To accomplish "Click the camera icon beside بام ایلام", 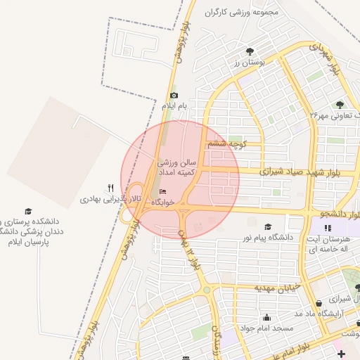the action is (x=174, y=96).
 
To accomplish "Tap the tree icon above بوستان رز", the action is (x=250, y=51).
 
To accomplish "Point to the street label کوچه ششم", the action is (x=224, y=144).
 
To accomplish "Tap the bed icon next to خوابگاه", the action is (x=164, y=192).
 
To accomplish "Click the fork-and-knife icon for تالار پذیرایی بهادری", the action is (x=110, y=188).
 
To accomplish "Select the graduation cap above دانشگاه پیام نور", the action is (x=267, y=226).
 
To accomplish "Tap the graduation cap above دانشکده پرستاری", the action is (x=28, y=211).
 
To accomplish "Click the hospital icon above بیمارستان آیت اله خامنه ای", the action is (x=327, y=228).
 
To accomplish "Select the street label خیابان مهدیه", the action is (x=278, y=288).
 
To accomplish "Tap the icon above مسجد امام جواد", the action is (x=267, y=316).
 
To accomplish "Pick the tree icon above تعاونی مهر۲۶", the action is (x=340, y=104).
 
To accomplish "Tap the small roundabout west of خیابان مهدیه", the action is (x=207, y=290).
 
